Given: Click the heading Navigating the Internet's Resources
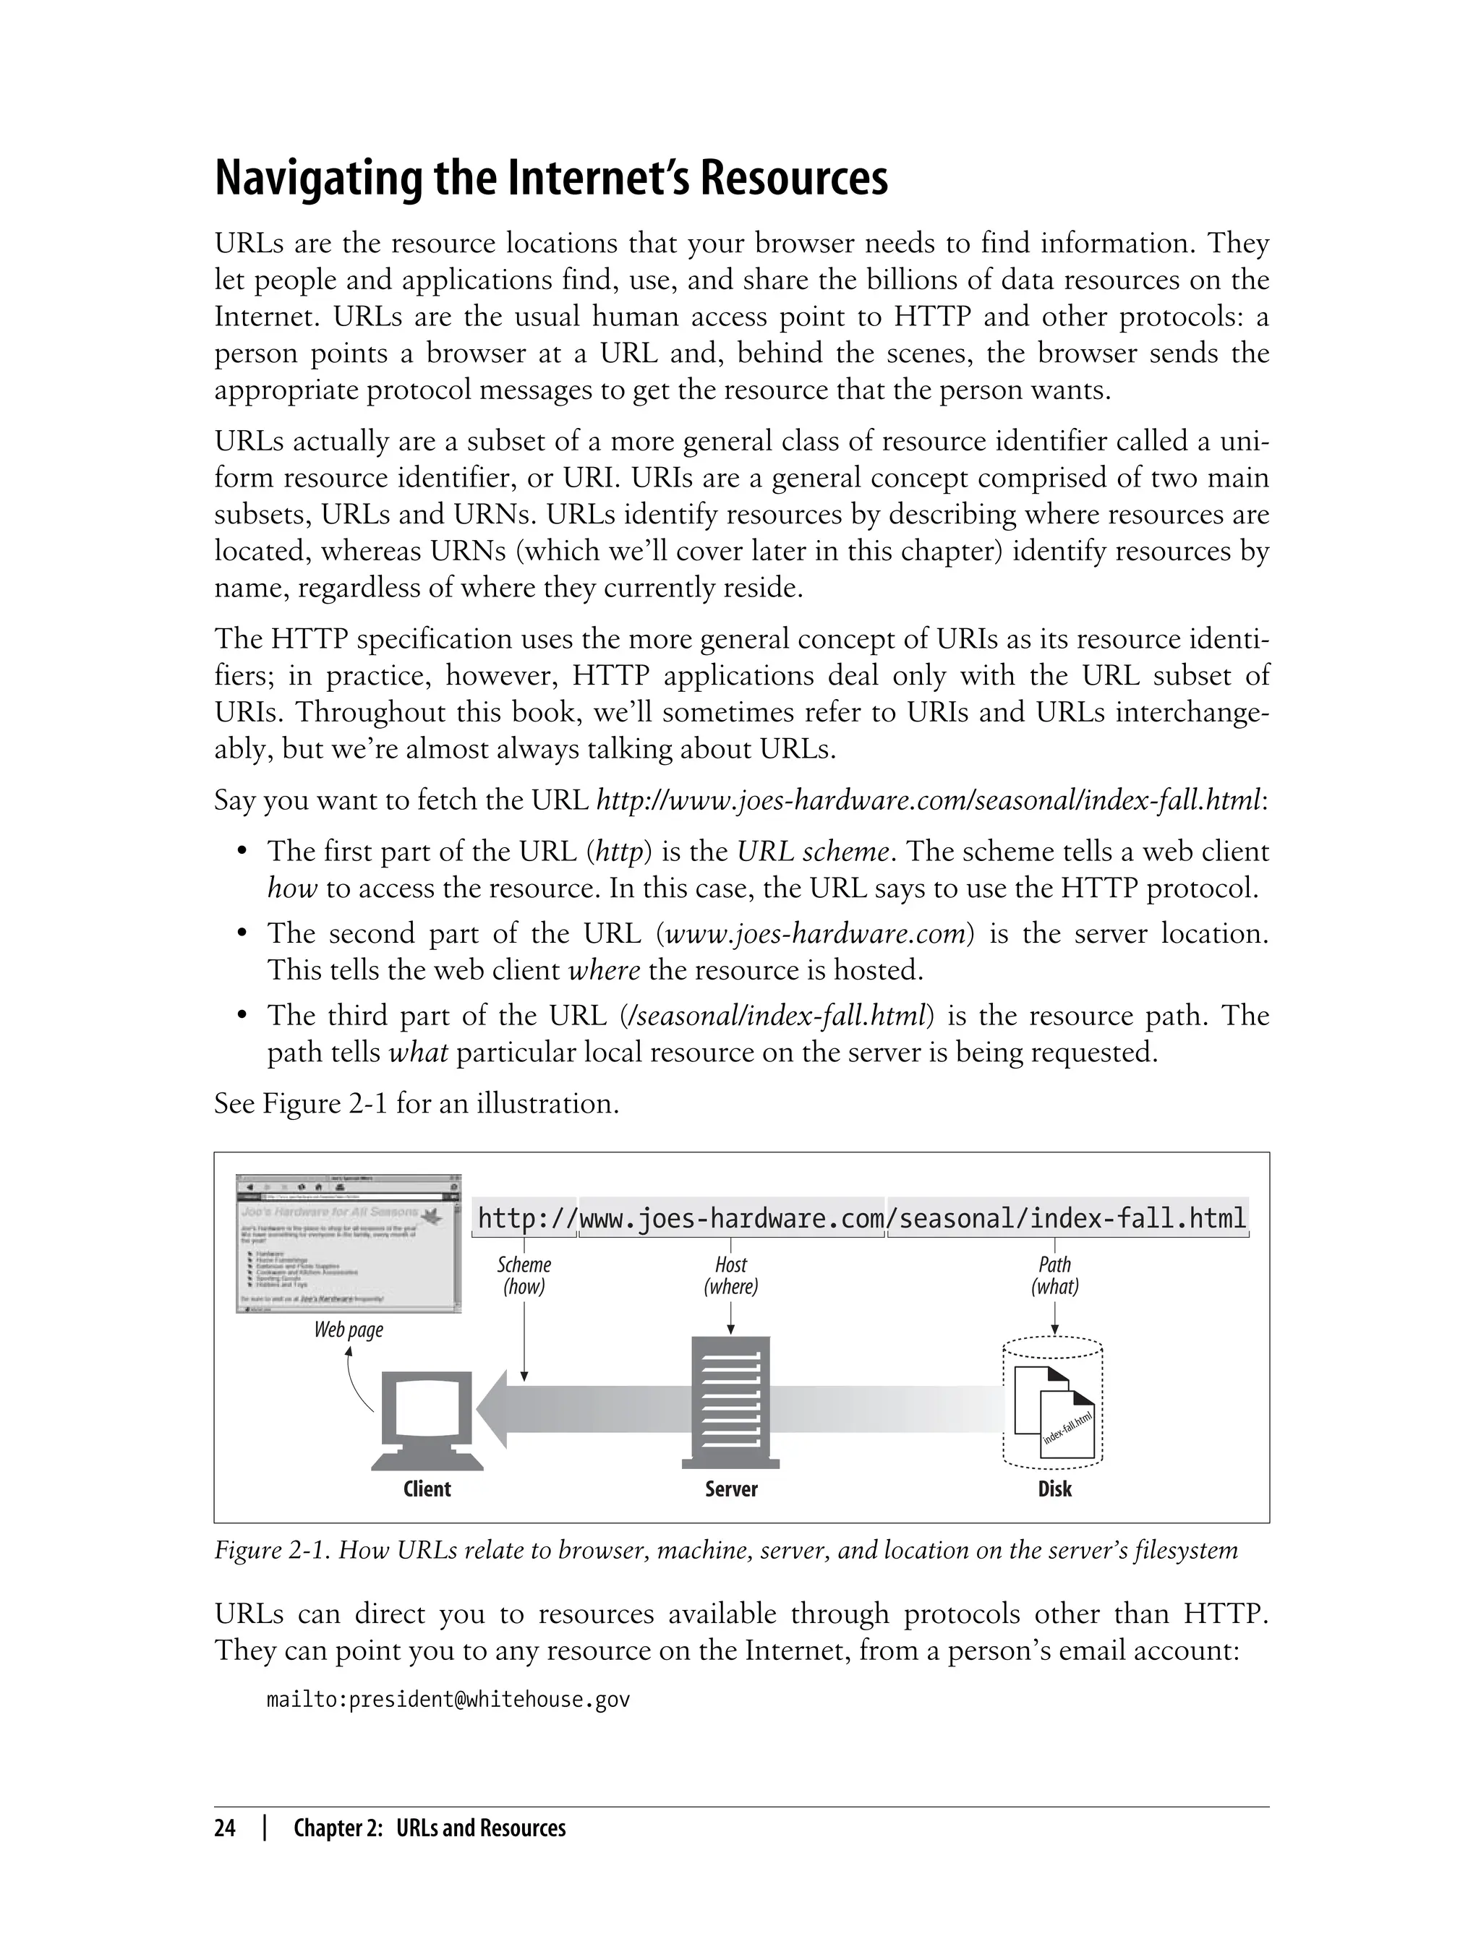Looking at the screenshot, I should pyautogui.click(x=551, y=179).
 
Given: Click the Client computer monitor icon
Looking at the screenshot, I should pyautogui.click(x=427, y=1420).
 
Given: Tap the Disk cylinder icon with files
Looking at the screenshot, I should pyautogui.click(x=1054, y=1405).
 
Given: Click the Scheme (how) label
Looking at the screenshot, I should pyautogui.click(x=524, y=1275).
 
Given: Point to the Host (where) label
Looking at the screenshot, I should pyautogui.click(x=731, y=1275).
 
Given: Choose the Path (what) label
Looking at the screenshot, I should pyautogui.click(x=1054, y=1275).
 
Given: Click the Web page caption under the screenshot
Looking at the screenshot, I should pyautogui.click(x=349, y=1329).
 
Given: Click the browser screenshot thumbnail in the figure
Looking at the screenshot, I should pyautogui.click(x=349, y=1243).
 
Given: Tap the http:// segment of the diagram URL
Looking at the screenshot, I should pyautogui.click(x=526, y=1219).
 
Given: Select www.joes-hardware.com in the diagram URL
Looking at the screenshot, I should pyautogui.click(x=732, y=1219).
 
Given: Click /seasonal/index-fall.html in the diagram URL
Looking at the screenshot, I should pyautogui.click(x=1067, y=1219).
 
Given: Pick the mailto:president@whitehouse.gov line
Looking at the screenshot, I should pyautogui.click(x=448, y=1700).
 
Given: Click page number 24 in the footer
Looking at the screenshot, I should pyautogui.click(x=225, y=1828).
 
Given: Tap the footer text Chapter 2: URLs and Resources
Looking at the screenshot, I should pyautogui.click(x=430, y=1828).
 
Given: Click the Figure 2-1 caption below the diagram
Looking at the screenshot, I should pyautogui.click(x=725, y=1550).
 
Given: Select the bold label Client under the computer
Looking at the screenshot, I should pyautogui.click(x=427, y=1489).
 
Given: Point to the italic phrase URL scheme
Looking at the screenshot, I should pyautogui.click(x=812, y=852).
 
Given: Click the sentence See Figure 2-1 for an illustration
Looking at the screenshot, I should pyautogui.click(x=416, y=1103).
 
